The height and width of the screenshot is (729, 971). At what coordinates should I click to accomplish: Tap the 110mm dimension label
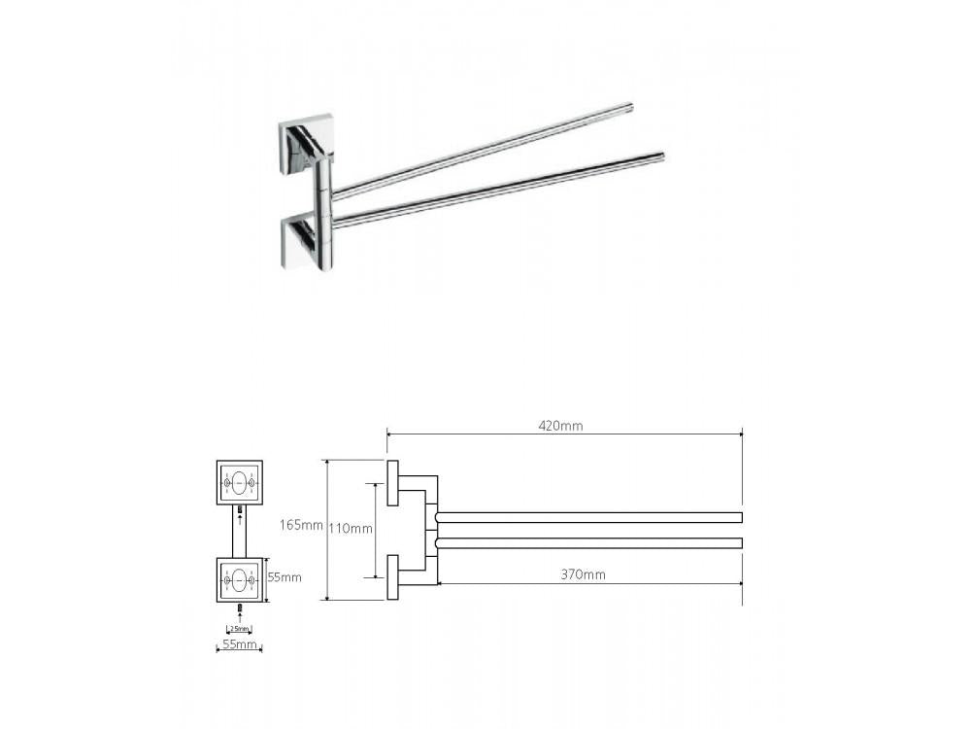351,529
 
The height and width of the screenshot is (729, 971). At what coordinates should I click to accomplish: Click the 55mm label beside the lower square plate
284,577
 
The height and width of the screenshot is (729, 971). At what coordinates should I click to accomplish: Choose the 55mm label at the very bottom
239,644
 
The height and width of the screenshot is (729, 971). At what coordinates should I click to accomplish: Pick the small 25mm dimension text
239,628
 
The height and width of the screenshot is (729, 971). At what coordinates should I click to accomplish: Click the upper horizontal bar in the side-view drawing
589,516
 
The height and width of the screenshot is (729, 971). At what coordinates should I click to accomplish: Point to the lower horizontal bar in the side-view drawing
589,542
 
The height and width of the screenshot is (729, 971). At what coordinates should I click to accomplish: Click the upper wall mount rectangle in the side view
392,483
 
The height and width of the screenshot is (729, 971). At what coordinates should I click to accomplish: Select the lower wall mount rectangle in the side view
392,577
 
